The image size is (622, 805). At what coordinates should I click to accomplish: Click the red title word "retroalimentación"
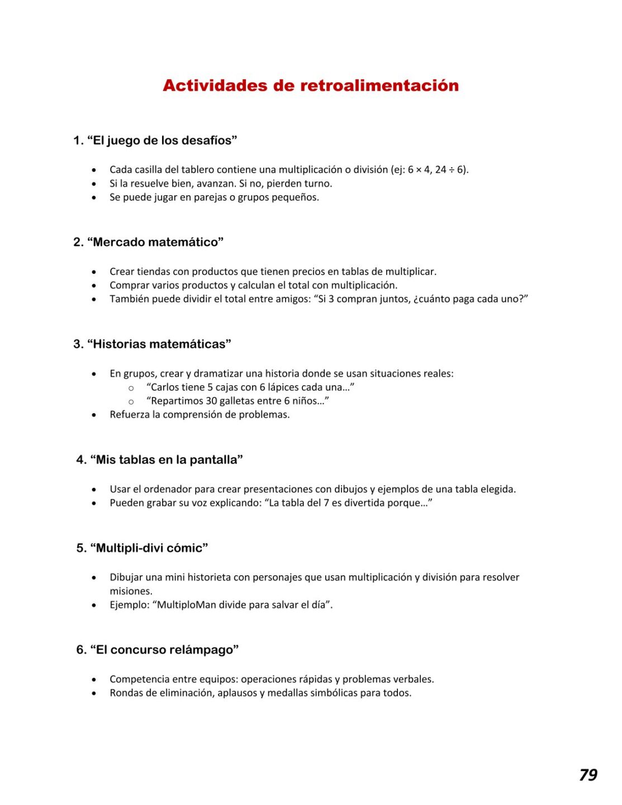[x=379, y=86]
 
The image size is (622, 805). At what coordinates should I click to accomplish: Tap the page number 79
[x=588, y=775]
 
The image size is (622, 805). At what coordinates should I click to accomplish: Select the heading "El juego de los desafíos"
[x=162, y=140]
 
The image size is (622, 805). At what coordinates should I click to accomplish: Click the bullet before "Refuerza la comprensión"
[x=94, y=415]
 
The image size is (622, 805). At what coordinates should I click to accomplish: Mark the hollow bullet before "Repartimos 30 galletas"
[x=131, y=401]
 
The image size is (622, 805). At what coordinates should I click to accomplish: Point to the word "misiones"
[x=131, y=591]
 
